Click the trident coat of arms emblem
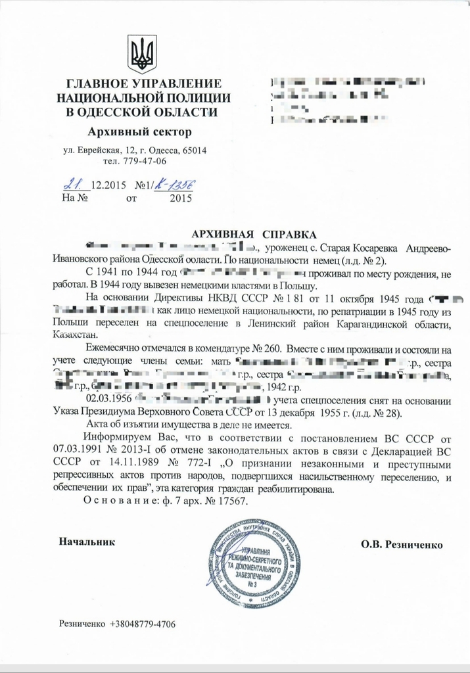141,54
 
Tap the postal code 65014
193,151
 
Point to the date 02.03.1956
109,400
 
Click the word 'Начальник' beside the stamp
87,542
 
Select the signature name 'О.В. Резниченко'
402,544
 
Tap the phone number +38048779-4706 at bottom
143,623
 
